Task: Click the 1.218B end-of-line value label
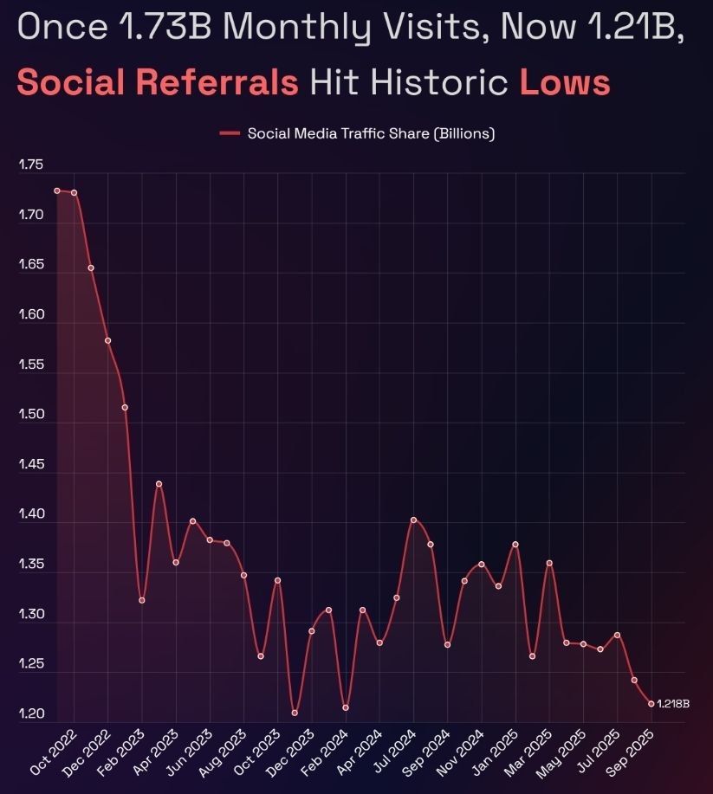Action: pyautogui.click(x=673, y=704)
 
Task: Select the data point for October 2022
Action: pyautogui.click(x=57, y=190)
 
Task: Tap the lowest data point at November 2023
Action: pyautogui.click(x=295, y=713)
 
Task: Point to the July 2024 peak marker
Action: pyautogui.click(x=413, y=520)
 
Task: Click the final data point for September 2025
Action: pyautogui.click(x=651, y=703)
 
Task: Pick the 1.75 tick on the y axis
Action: pyautogui.click(x=30, y=165)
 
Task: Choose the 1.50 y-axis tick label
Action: pyautogui.click(x=30, y=415)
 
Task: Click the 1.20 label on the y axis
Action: pyautogui.click(x=30, y=714)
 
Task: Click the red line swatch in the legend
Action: pyautogui.click(x=230, y=133)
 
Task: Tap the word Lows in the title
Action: pyautogui.click(x=565, y=83)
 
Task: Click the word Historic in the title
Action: pyautogui.click(x=450, y=83)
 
